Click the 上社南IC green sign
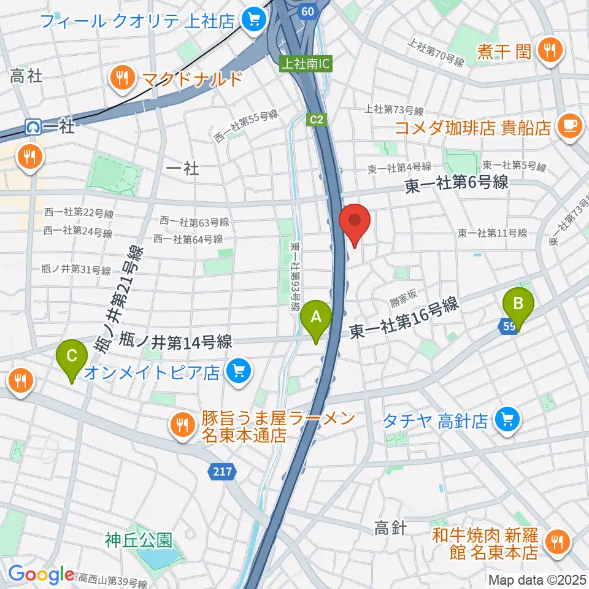[x=306, y=63]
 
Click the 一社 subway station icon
[x=33, y=127]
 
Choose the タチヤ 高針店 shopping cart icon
[x=507, y=420]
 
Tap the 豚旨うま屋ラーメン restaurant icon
[x=182, y=423]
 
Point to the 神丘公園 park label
[x=137, y=540]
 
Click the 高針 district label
[x=390, y=528]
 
